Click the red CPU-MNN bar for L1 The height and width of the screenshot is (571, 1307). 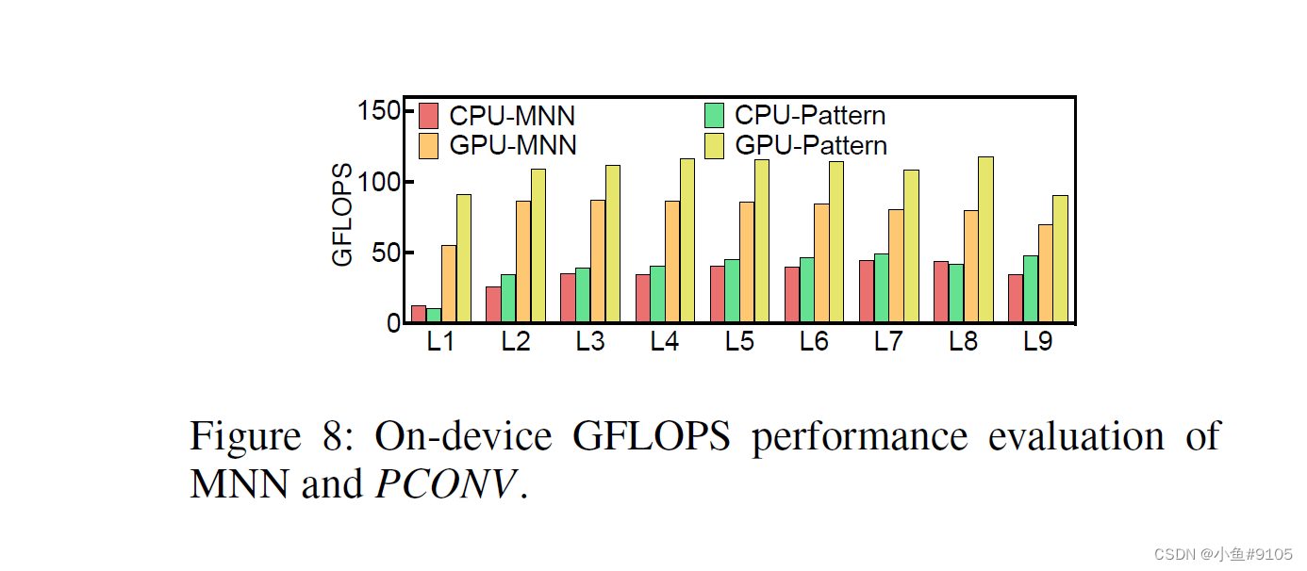pos(419,314)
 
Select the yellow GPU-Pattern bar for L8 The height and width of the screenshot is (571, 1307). pos(985,240)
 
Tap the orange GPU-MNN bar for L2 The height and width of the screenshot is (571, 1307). pos(522,262)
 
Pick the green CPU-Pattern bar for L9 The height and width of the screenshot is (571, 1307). pos(1031,289)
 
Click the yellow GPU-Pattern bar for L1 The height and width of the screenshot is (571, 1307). pos(464,258)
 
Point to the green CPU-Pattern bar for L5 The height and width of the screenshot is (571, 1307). pos(732,291)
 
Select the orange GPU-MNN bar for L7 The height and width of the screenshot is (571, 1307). pos(896,266)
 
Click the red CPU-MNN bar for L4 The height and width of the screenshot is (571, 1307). pos(642,299)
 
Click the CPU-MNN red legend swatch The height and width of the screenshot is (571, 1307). pos(429,116)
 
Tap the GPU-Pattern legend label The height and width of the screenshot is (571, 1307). pos(811,146)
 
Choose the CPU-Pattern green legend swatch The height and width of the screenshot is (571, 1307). pos(714,116)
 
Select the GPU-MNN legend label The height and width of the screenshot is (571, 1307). pos(513,146)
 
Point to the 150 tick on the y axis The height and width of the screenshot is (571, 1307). pos(379,111)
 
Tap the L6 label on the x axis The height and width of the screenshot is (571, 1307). pos(814,342)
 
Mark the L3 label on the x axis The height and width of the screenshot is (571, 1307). pos(589,342)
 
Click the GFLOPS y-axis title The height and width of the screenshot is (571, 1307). pos(343,215)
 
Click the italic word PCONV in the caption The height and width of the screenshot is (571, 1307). pos(447,484)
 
